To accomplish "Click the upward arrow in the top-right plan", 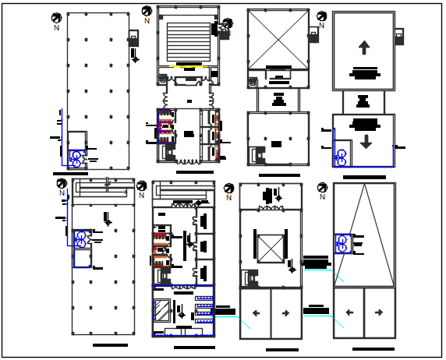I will click(364, 48).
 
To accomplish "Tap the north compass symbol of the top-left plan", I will click(57, 18).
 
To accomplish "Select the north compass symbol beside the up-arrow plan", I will click(322, 16).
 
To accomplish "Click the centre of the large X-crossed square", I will click(278, 38).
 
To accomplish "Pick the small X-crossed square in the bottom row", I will click(270, 248).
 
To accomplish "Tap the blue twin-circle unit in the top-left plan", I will click(76, 158).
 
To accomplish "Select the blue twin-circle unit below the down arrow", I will click(342, 157).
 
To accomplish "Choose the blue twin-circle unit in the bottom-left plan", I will click(81, 239).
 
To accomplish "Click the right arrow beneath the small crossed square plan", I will click(285, 313).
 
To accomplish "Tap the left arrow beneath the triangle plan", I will click(349, 313).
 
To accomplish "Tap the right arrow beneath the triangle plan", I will click(379, 313).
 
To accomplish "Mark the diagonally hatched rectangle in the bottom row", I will click(162, 309).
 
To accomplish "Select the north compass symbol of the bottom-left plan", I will click(62, 184).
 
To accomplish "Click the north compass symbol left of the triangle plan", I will click(322, 188).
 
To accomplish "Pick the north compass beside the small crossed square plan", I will click(228, 189).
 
